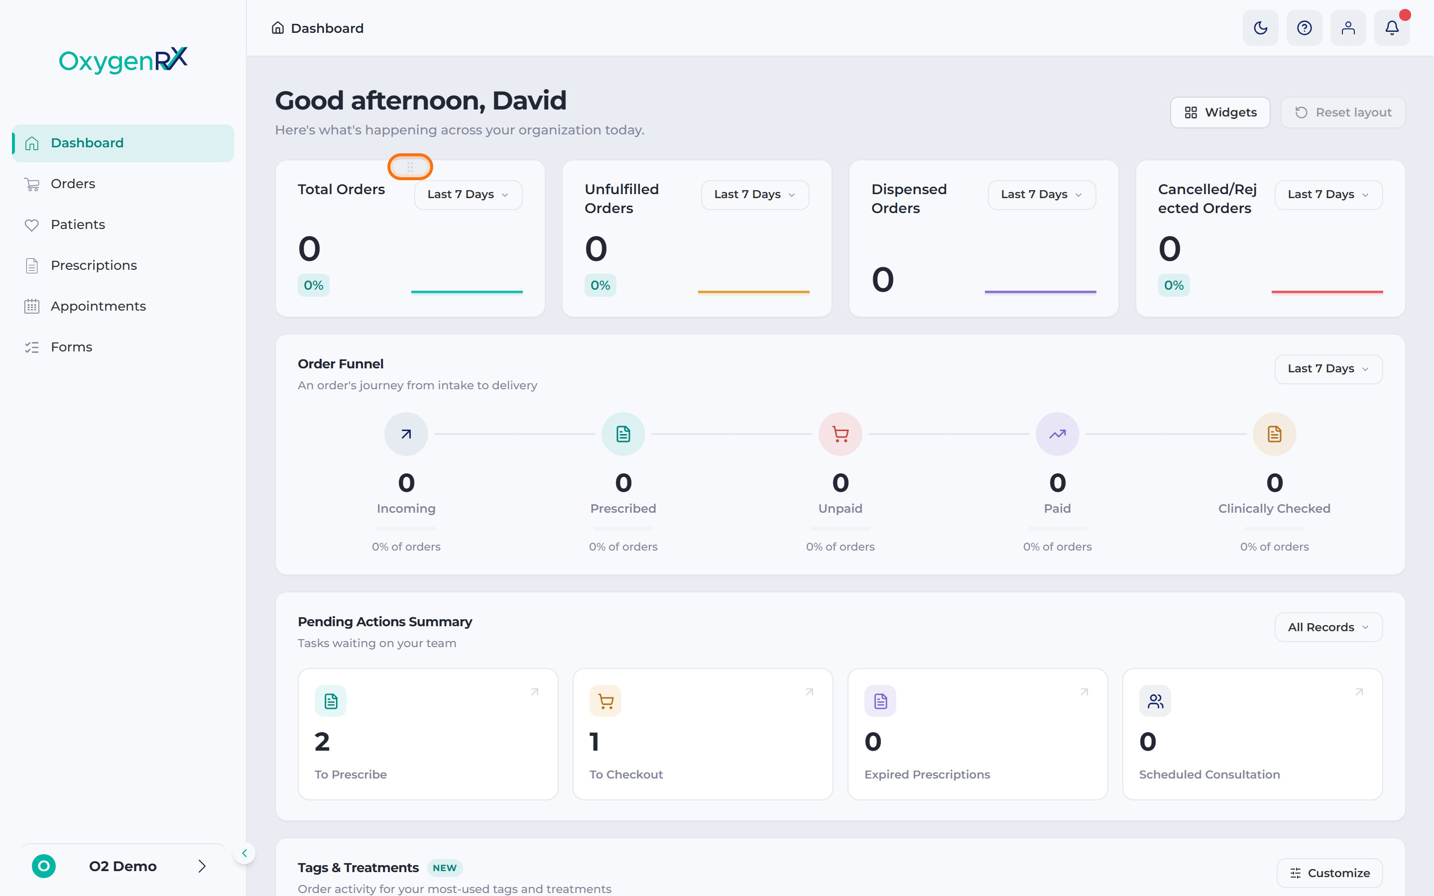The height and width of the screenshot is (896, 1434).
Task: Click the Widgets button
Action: click(1219, 112)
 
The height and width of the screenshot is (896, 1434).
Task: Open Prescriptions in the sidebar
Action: click(94, 265)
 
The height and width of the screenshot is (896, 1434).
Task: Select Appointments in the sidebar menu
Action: click(98, 306)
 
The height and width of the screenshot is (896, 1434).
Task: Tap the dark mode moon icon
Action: click(1260, 28)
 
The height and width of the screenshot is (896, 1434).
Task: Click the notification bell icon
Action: click(1392, 28)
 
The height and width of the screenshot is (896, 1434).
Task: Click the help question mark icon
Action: click(1304, 28)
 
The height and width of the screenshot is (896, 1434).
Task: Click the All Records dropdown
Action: click(1328, 627)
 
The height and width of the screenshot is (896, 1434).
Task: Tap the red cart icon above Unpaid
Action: click(840, 435)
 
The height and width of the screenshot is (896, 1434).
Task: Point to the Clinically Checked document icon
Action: click(1275, 435)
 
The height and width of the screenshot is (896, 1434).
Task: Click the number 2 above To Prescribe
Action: click(322, 742)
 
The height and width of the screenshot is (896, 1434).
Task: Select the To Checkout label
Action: click(626, 775)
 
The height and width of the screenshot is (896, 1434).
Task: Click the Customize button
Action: click(1330, 873)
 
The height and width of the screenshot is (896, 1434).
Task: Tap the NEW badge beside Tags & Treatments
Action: click(445, 868)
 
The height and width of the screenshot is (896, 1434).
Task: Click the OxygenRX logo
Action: click(123, 60)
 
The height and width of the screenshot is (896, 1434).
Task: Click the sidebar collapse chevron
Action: click(244, 853)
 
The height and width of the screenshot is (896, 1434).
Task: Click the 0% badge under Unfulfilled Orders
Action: click(600, 286)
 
